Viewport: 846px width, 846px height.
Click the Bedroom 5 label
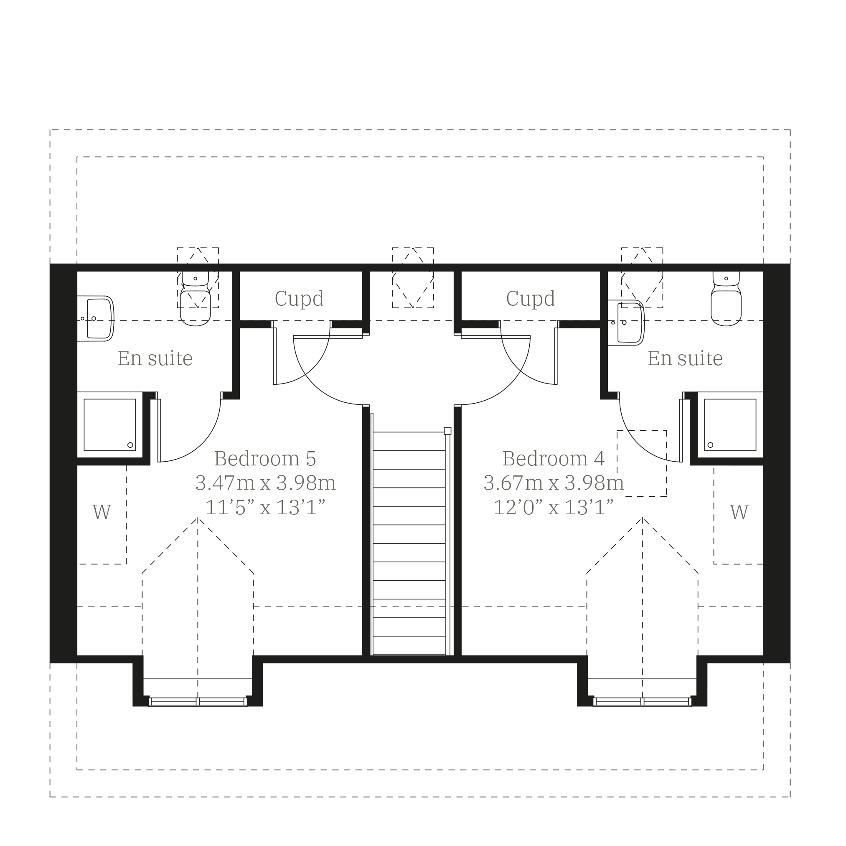click(265, 458)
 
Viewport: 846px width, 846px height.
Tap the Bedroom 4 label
click(554, 458)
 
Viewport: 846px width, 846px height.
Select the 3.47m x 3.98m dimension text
click(265, 483)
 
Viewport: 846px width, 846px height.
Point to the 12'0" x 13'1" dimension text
click(553, 508)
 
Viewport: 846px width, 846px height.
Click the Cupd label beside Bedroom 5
click(299, 299)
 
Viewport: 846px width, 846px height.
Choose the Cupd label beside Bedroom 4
click(530, 299)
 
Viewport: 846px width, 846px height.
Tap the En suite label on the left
click(155, 358)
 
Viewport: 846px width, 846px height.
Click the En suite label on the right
click(685, 358)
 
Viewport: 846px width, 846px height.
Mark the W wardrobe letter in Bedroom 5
click(102, 511)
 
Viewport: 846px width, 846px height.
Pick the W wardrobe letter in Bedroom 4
click(739, 511)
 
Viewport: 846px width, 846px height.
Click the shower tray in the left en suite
click(110, 425)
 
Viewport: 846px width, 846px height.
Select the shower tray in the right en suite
click(730, 425)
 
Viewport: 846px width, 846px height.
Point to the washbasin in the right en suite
click(626, 323)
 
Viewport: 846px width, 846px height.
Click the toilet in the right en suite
click(726, 299)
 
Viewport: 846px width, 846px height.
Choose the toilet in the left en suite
click(195, 299)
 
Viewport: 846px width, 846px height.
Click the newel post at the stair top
click(447, 431)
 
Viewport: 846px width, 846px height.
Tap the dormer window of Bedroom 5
click(198, 701)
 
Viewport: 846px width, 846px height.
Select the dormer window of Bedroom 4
click(643, 701)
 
